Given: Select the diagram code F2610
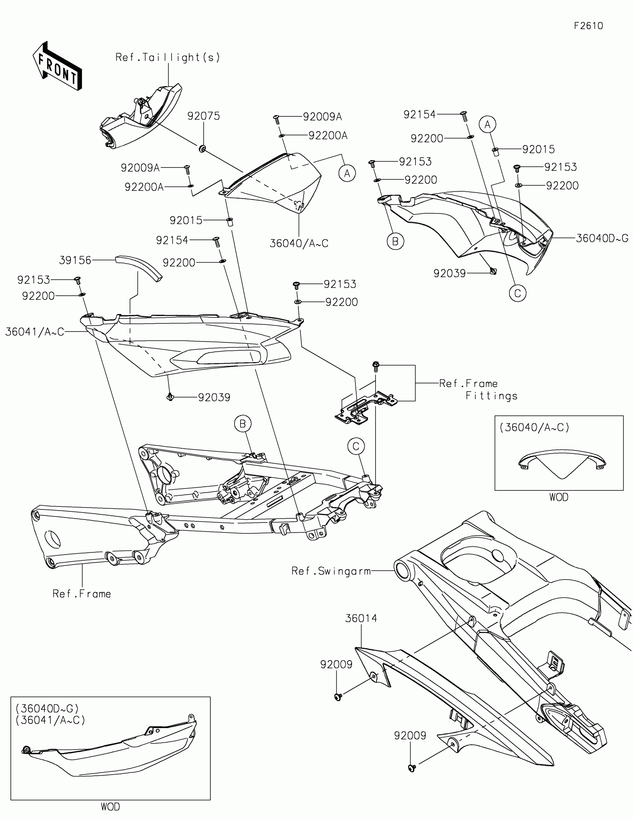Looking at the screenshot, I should click(588, 26).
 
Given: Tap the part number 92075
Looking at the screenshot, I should click(204, 116).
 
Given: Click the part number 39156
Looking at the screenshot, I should click(75, 260).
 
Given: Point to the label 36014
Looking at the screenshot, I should click(361, 618).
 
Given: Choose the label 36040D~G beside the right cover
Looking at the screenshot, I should click(602, 238).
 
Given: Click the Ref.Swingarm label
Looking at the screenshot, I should click(331, 571).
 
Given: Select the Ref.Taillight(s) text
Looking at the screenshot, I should click(167, 57).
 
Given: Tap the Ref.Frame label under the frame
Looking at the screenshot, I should click(82, 594).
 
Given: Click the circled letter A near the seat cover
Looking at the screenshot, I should click(347, 173).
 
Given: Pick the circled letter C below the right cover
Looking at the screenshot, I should click(517, 293).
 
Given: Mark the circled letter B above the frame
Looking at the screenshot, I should click(242, 424).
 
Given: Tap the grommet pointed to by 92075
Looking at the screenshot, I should click(203, 149).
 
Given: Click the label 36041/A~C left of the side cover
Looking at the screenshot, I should click(34, 332).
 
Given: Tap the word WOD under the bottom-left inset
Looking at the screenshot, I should click(110, 806).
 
